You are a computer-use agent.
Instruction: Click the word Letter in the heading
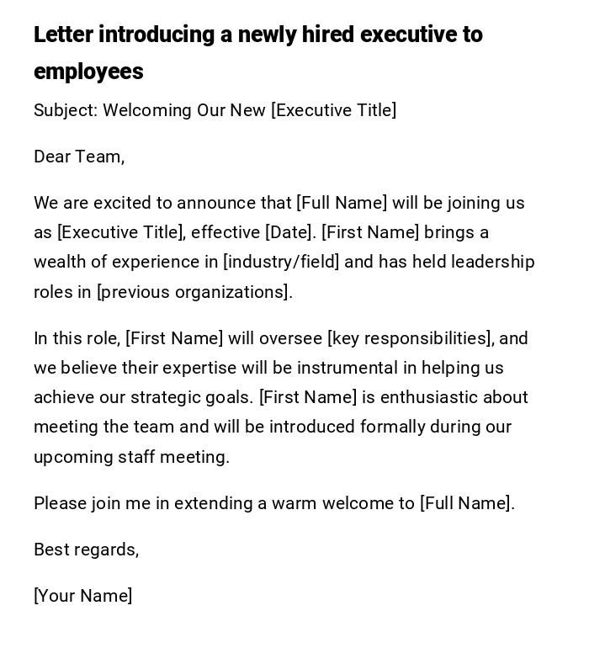point(64,35)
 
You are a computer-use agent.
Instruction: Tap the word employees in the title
point(88,72)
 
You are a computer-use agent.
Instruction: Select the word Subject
point(65,111)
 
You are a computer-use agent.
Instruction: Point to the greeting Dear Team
point(79,157)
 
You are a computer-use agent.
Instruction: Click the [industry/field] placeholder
point(281,262)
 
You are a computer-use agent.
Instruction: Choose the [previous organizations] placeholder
point(194,292)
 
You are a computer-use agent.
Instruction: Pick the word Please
point(60,503)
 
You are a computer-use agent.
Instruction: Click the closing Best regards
point(86,550)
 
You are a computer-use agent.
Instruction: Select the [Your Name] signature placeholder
point(82,596)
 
